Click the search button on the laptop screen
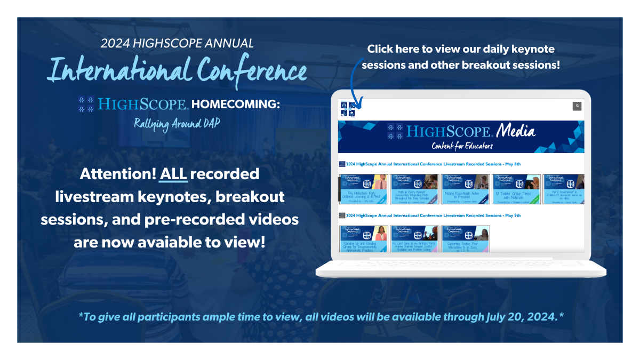point(577,106)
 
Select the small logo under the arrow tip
point(347,109)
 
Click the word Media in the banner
point(516,131)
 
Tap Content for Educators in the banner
point(462,146)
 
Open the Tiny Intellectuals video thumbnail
point(363,189)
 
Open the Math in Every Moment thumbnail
point(414,189)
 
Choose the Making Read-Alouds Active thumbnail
point(465,189)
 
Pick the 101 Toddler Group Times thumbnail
point(516,189)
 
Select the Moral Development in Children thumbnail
point(563,189)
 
